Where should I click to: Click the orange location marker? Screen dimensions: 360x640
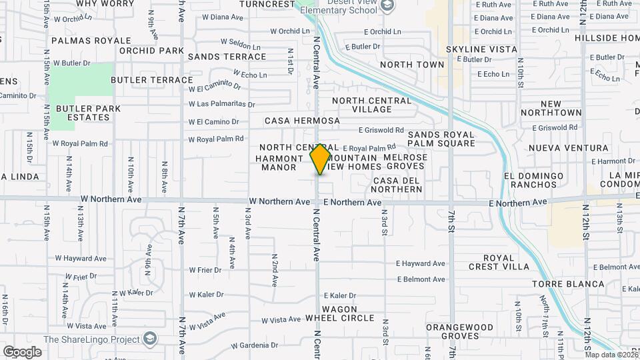point(321,159)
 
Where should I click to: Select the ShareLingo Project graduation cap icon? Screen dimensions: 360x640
point(151,339)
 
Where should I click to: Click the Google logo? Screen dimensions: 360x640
point(23,351)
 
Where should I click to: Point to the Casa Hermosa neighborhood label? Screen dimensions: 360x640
point(302,121)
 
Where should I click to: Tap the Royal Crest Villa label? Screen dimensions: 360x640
point(499,262)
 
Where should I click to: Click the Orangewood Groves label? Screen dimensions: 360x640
point(459,331)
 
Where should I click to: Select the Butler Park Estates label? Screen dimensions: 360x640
point(88,113)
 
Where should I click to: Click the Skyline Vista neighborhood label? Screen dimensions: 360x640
point(481,49)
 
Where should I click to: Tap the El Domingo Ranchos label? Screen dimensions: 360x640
point(534,180)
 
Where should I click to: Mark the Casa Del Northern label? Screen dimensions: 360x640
point(397,185)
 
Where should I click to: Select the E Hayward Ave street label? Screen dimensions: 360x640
point(420,263)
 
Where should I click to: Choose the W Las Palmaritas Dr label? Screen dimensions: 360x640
point(221,104)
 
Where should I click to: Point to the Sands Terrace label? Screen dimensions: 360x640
point(227,57)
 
